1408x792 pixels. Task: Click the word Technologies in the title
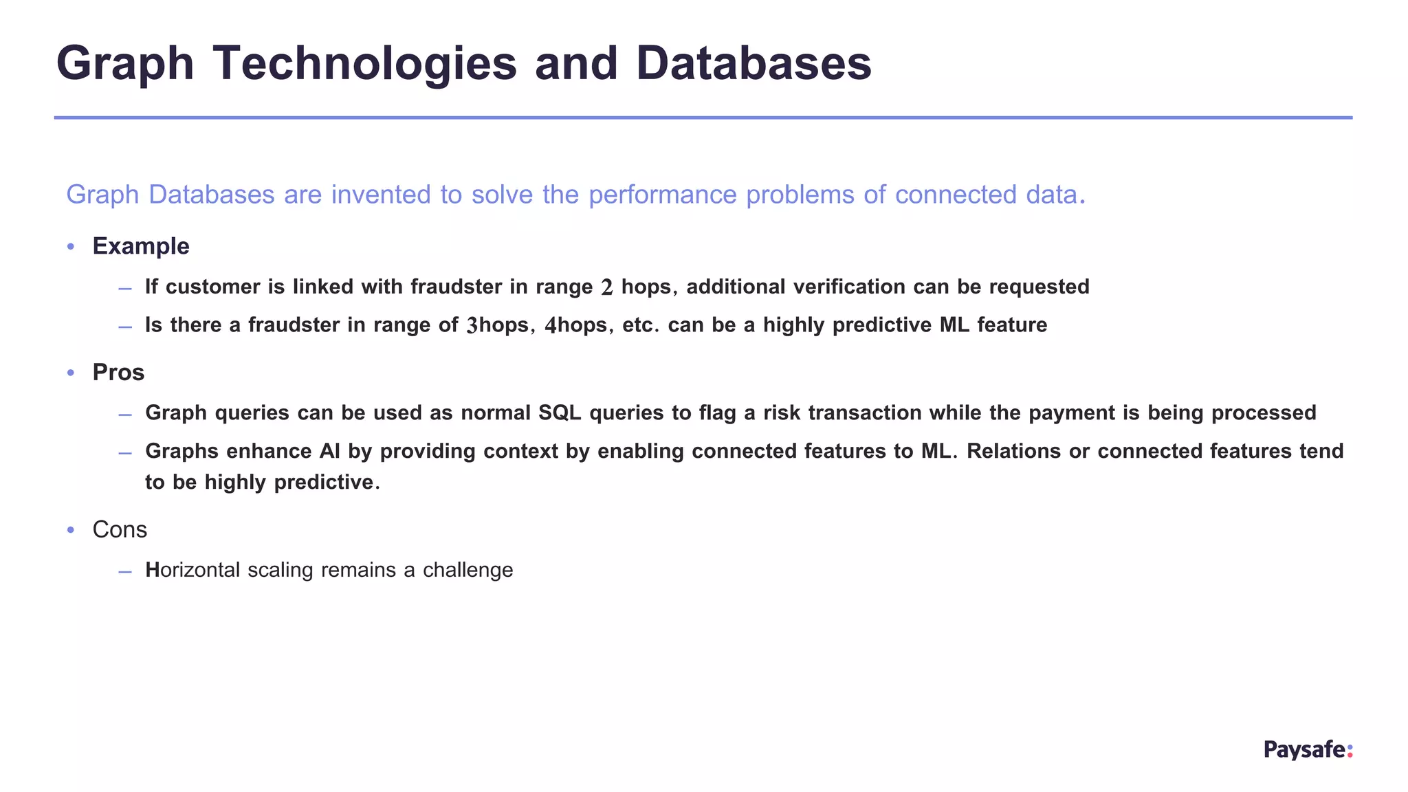tap(364, 64)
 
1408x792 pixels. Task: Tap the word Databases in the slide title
tap(753, 64)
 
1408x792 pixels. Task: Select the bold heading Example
tap(141, 246)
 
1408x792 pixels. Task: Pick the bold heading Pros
tap(118, 373)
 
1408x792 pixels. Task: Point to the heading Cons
tap(120, 529)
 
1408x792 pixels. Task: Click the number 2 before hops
tap(606, 287)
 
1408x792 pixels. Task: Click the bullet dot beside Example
tap(70, 247)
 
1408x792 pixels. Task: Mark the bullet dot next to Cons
tap(70, 530)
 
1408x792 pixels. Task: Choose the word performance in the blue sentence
tap(663, 195)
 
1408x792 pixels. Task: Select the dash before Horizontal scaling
tap(124, 571)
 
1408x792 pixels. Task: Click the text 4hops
tap(575, 325)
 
